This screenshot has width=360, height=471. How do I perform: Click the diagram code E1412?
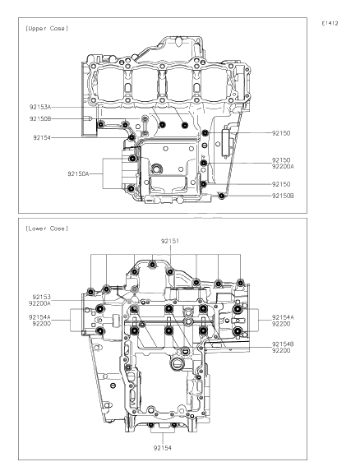click(330, 24)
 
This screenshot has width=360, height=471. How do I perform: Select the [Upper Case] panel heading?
click(47, 29)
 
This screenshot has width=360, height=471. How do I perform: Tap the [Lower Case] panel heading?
click(47, 229)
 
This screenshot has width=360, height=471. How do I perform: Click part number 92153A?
click(40, 107)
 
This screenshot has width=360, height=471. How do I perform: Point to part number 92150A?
click(78, 174)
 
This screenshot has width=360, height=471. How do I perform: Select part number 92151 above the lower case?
click(170, 241)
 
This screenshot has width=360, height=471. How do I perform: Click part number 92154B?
click(283, 344)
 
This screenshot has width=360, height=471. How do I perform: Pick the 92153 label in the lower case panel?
click(42, 297)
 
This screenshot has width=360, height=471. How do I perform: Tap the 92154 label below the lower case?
click(163, 448)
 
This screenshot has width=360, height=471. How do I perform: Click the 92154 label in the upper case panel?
click(42, 137)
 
